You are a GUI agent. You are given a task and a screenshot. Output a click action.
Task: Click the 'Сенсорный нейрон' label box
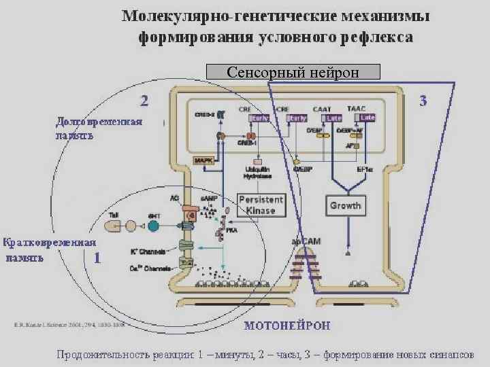pyautogui.click(x=293, y=71)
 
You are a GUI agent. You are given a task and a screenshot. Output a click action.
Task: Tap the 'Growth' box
pyautogui.click(x=345, y=205)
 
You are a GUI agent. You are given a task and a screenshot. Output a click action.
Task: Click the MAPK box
pyautogui.click(x=203, y=161)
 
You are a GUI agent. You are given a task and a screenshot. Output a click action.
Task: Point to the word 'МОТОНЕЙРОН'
pyautogui.click(x=287, y=326)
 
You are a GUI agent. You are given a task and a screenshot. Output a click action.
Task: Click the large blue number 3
pyautogui.click(x=423, y=102)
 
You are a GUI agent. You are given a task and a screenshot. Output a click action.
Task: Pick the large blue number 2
pyautogui.click(x=144, y=101)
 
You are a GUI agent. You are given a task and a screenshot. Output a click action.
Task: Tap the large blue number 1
pyautogui.click(x=97, y=258)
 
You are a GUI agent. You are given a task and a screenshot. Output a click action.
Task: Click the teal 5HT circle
pyautogui.click(x=153, y=225)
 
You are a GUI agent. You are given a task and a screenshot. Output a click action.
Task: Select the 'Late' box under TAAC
pyautogui.click(x=367, y=118)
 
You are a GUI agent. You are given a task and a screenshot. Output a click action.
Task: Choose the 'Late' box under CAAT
pyautogui.click(x=333, y=118)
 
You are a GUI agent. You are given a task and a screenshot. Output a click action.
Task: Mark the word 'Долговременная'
pyautogui.click(x=99, y=122)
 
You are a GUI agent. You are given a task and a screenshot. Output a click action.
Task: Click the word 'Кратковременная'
pyautogui.click(x=49, y=242)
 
